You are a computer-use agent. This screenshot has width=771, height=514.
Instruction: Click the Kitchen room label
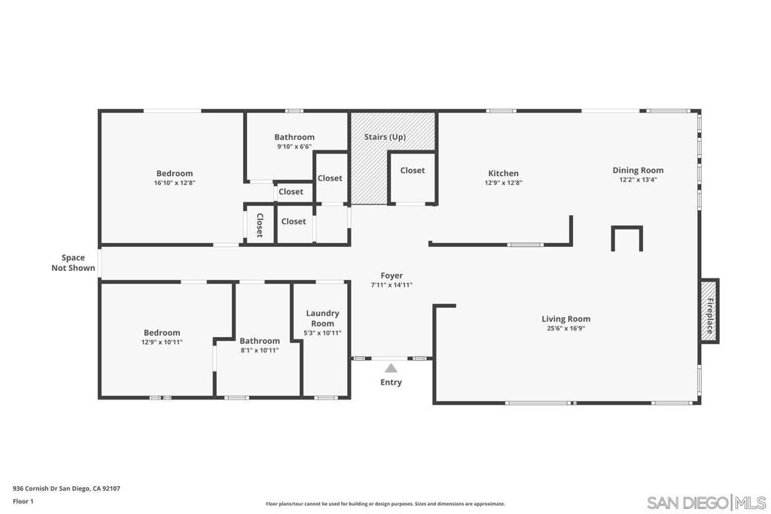click(x=503, y=173)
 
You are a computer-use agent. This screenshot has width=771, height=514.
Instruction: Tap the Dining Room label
click(x=638, y=170)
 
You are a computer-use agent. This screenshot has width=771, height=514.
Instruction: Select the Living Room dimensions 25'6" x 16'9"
click(x=566, y=328)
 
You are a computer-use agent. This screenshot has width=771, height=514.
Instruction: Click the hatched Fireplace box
click(x=709, y=311)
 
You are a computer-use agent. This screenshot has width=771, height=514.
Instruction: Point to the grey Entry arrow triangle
click(x=391, y=368)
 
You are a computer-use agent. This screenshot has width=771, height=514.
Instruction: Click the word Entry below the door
click(x=391, y=382)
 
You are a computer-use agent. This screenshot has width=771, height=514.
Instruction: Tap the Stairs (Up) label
click(x=385, y=137)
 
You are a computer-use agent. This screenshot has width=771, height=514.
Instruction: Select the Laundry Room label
click(x=322, y=318)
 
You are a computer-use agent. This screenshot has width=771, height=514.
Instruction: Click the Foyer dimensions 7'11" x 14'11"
click(x=392, y=285)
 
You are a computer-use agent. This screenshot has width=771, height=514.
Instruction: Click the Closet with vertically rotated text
click(x=260, y=225)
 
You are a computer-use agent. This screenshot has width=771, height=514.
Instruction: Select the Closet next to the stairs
click(x=412, y=171)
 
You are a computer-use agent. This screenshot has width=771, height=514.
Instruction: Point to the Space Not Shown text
click(x=73, y=263)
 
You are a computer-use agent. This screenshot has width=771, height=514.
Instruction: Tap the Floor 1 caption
click(x=23, y=502)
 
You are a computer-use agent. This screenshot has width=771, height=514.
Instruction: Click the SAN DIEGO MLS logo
click(x=706, y=503)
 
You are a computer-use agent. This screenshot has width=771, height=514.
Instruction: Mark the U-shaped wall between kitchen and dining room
click(x=627, y=227)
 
